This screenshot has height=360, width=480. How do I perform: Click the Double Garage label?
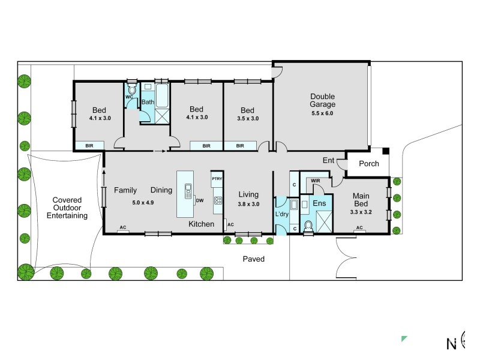pos(322,100)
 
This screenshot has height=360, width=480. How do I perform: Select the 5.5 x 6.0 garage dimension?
pos(322,113)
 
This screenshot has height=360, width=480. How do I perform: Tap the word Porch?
pos(368,164)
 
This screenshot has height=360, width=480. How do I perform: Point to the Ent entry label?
pos(329,160)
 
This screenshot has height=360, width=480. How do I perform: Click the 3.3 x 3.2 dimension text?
pos(361,212)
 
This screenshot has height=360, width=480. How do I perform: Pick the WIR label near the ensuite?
pos(315,180)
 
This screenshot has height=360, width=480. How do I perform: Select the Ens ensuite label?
pos(319,204)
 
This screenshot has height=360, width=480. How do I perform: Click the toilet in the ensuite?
pos(308,226)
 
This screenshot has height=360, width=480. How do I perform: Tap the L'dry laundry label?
pos(281,214)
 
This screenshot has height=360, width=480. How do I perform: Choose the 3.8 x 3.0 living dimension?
pos(248,204)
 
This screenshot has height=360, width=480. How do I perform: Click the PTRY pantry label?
pos(217,178)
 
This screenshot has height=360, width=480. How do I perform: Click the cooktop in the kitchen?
pos(218,201)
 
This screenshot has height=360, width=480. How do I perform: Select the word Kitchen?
pos(201,224)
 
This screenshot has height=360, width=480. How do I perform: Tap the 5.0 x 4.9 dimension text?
pos(143,202)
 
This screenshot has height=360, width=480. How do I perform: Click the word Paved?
pos(253,259)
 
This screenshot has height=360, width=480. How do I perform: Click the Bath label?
pos(148,102)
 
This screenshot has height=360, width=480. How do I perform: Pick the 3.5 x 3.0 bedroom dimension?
pos(247,118)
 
